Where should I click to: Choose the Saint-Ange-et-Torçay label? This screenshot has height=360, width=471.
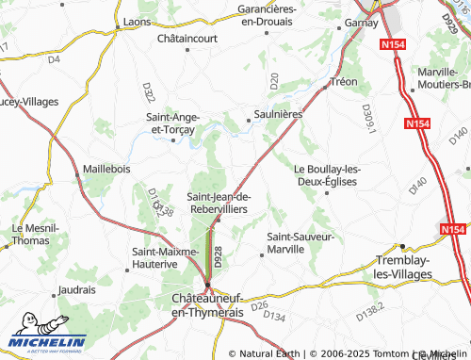coord(172,123)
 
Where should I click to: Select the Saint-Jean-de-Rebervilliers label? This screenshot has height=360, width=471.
coord(219,203)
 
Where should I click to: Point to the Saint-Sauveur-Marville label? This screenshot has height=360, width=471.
coord(300,243)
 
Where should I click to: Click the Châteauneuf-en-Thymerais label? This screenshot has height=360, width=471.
coord(206,304)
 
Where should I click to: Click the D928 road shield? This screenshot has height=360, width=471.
coord(218,255)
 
